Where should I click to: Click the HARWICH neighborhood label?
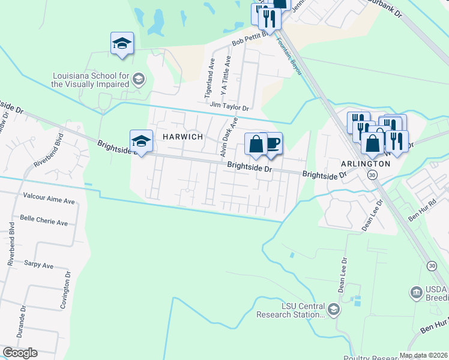tap(182, 137)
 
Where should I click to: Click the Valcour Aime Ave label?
tap(49, 196)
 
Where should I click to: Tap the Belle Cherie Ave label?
tap(44, 221)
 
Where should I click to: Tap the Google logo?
tap(20, 353)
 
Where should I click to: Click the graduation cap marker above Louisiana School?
tap(122, 44)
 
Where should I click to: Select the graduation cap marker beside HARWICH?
tap(141, 142)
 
